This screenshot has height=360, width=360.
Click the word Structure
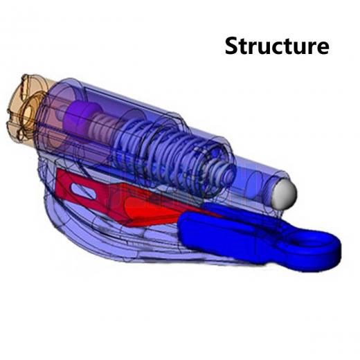point(277,46)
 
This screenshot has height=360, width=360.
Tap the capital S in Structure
point(233,46)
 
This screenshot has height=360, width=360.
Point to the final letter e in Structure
point(322,48)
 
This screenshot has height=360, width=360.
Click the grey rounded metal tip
point(285,194)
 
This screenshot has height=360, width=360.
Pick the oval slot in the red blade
point(84,191)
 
